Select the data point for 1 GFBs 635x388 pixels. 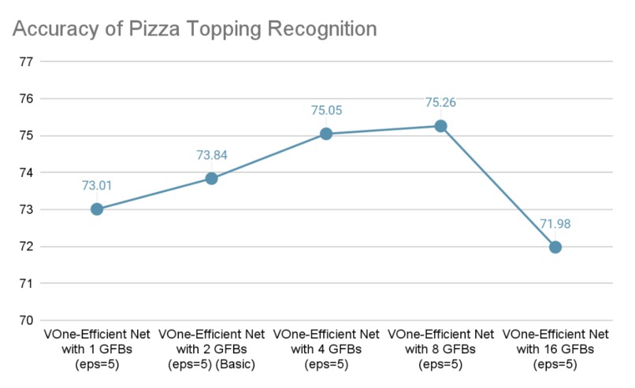point(97,209)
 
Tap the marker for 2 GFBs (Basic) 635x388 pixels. point(211,179)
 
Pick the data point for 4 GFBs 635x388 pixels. point(326,134)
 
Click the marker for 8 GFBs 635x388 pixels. point(441,126)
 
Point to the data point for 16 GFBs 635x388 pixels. point(555,247)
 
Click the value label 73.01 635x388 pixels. point(97,186)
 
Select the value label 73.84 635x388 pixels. point(211,155)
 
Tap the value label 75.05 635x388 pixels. point(326,110)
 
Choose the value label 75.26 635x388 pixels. point(441,102)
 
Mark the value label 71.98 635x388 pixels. point(555,224)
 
